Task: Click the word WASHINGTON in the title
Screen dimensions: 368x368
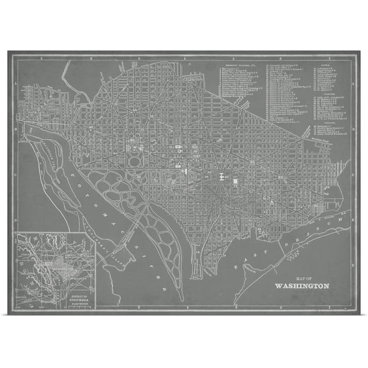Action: [302, 286]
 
